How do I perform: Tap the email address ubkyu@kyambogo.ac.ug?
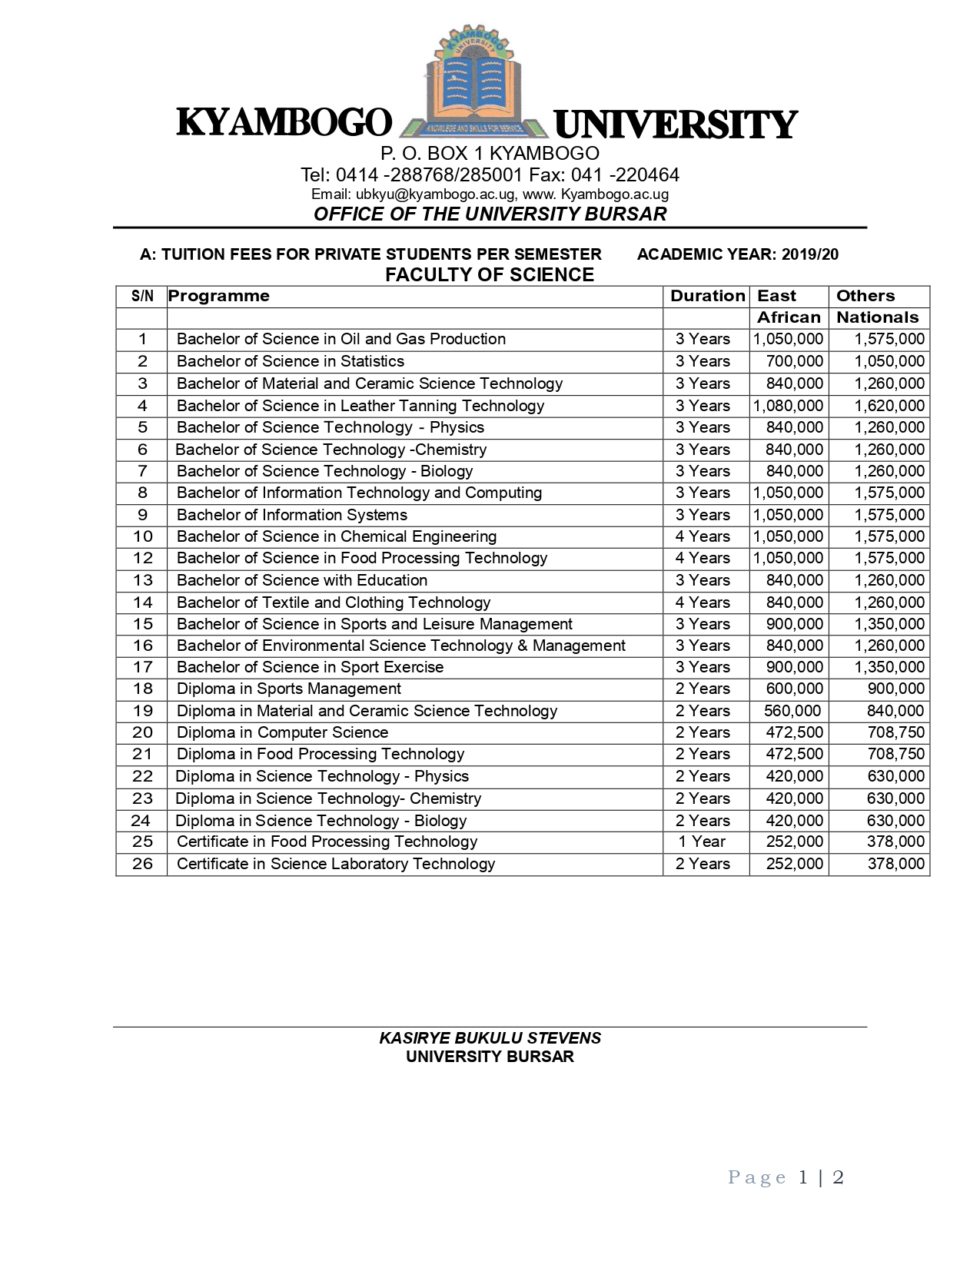[435, 194]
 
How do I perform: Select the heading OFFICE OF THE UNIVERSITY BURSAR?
[490, 214]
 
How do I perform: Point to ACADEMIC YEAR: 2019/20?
[737, 254]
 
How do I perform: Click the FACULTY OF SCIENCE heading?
[490, 275]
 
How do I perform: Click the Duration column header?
[707, 296]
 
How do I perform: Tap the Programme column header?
[219, 296]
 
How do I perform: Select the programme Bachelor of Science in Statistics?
[290, 361]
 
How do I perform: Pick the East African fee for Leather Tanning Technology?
[789, 406]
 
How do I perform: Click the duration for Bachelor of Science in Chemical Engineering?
[703, 536]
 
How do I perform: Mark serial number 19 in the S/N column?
[142, 711]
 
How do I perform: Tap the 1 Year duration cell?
[702, 841]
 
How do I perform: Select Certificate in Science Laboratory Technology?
[336, 864]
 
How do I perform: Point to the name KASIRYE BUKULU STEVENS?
[490, 1038]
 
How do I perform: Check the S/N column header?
[142, 296]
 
